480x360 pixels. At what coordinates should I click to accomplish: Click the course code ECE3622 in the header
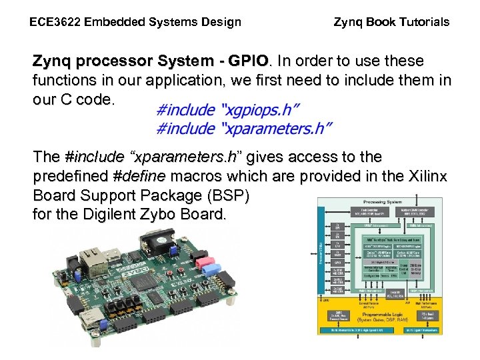(x=54, y=22)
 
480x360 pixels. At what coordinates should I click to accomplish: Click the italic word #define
(x=141, y=176)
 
